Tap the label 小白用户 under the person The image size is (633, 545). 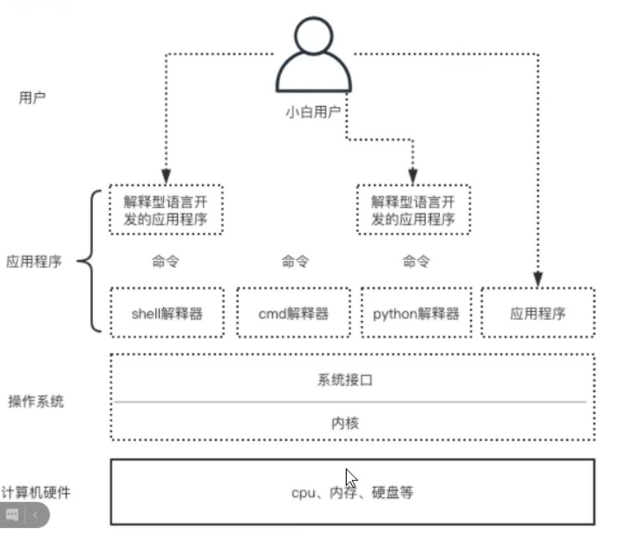pyautogui.click(x=313, y=113)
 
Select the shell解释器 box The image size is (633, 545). pyautogui.click(x=167, y=314)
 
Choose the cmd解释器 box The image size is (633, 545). pyautogui.click(x=293, y=314)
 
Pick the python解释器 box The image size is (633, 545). pyautogui.click(x=416, y=314)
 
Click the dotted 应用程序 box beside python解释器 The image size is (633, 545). pyautogui.click(x=538, y=314)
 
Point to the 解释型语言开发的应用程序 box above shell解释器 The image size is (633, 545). pyautogui.click(x=167, y=210)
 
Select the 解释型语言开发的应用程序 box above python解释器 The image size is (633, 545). pyautogui.click(x=413, y=210)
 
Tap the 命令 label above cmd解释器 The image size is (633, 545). pyautogui.click(x=294, y=262)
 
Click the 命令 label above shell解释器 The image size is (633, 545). pyautogui.click(x=165, y=262)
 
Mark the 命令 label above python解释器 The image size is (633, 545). pyautogui.click(x=416, y=262)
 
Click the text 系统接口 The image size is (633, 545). pyautogui.click(x=351, y=379)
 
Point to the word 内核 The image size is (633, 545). pyautogui.click(x=351, y=423)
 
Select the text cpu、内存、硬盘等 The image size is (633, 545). pyautogui.click(x=352, y=492)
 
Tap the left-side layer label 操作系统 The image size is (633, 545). pyautogui.click(x=36, y=401)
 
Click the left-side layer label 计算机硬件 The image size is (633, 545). pyautogui.click(x=35, y=492)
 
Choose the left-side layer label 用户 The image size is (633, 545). pyautogui.click(x=31, y=97)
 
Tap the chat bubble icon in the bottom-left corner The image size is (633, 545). pyautogui.click(x=12, y=515)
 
